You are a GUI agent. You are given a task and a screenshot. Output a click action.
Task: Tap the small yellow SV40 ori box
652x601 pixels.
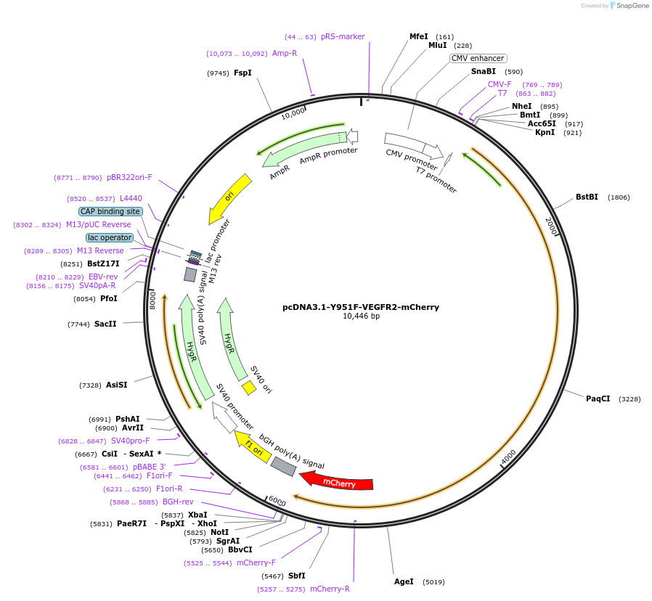click(249, 388)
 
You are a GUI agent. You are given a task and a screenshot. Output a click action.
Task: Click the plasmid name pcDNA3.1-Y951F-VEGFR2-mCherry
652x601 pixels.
click(361, 307)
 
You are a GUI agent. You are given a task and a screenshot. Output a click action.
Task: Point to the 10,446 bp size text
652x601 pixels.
click(361, 316)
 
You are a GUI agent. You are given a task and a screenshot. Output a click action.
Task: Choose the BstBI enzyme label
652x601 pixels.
click(587, 197)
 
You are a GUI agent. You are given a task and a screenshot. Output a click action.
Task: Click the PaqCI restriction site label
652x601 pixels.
click(598, 398)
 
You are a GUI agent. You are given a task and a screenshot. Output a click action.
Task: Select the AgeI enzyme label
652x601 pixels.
click(404, 581)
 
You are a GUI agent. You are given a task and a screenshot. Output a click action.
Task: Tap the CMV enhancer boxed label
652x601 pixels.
click(478, 59)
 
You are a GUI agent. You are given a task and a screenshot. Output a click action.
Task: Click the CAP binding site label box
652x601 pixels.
click(110, 211)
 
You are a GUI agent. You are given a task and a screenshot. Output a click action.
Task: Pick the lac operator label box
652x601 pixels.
click(110, 237)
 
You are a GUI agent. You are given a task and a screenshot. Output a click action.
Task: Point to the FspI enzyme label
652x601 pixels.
click(243, 73)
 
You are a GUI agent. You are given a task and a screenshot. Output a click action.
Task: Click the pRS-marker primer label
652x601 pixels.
click(343, 37)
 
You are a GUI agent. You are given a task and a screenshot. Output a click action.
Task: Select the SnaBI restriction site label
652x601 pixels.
click(483, 72)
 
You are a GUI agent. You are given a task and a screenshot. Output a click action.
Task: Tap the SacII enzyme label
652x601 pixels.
click(105, 324)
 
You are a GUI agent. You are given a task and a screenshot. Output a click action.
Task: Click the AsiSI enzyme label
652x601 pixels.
click(116, 385)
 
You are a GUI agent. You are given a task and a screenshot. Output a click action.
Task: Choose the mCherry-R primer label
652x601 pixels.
click(330, 589)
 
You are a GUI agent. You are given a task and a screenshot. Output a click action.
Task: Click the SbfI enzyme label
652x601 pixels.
click(296, 576)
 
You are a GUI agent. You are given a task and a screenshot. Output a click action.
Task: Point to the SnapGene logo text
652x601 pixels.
click(632, 6)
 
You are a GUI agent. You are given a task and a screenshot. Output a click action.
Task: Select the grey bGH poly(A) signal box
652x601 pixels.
click(283, 466)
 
